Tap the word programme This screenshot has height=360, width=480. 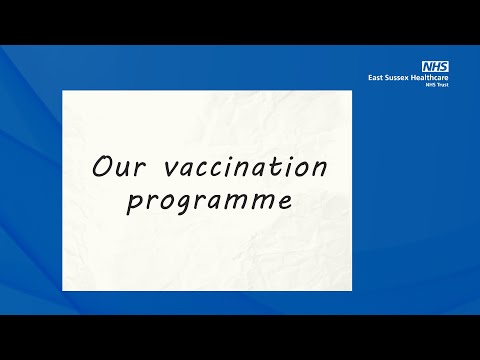pos(209,200)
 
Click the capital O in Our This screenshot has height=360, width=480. pos(102,166)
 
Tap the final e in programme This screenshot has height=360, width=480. pos(285,200)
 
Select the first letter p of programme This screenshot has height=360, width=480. pos(135,203)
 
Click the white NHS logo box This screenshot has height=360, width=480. pos(436,66)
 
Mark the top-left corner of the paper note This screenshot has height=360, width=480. pos(63,91)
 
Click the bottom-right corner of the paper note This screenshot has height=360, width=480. pos(351,290)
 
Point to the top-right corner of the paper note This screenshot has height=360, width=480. pos(351,91)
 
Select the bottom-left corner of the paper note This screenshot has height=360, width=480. pos(63,290)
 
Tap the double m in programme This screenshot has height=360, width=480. pos(255,200)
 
